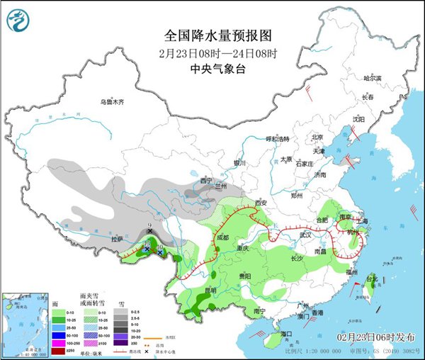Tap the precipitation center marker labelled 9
click(x=150, y=229)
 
